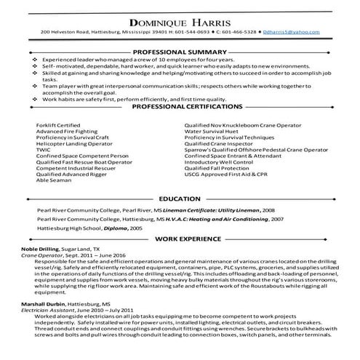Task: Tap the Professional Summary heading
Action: pyautogui.click(x=180, y=53)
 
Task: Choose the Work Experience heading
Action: pyautogui.click(x=180, y=239)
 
